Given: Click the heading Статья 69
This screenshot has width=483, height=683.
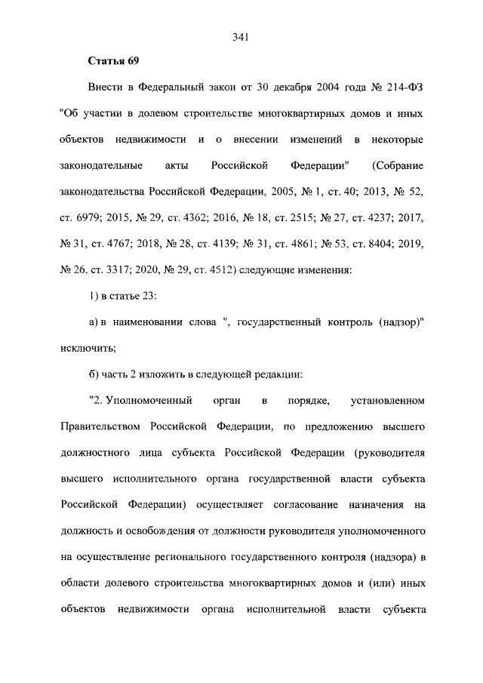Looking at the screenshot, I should click(114, 60).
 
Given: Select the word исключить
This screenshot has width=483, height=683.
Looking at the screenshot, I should click(86, 349).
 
